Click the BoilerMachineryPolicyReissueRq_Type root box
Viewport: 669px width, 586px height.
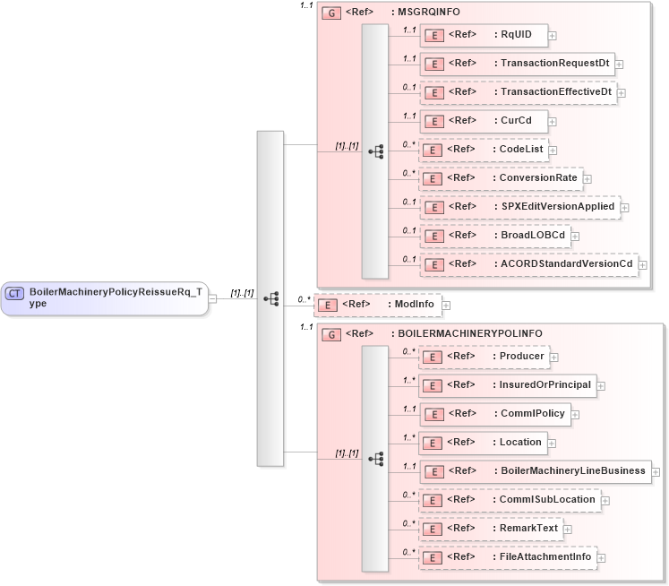click(x=104, y=297)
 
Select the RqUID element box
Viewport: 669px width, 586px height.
click(x=484, y=35)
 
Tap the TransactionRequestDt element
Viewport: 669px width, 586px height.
click(x=517, y=64)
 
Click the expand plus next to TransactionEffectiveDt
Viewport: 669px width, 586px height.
click(x=622, y=92)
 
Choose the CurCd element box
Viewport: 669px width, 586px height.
click(x=484, y=120)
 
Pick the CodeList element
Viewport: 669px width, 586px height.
click(x=484, y=149)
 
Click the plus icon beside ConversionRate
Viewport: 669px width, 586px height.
click(x=588, y=178)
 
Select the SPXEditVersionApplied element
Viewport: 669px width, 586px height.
click(x=519, y=206)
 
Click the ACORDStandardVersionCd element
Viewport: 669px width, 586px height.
click(x=527, y=263)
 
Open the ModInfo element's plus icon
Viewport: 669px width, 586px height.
click(x=446, y=306)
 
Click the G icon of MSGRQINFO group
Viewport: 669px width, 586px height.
click(x=331, y=14)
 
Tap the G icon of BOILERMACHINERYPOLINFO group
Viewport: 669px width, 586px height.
click(x=331, y=334)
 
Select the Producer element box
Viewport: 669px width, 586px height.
click(x=484, y=357)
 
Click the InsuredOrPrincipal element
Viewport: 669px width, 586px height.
click(x=507, y=385)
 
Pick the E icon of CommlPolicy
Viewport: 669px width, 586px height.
click(x=433, y=414)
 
